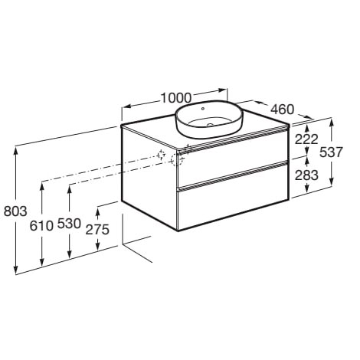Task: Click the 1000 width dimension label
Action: (x=176, y=97)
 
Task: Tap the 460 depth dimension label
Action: (x=282, y=110)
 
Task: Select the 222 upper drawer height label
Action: (x=306, y=139)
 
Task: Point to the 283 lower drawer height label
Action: (x=306, y=175)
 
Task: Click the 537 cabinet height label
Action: (x=331, y=152)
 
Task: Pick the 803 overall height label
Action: (x=15, y=211)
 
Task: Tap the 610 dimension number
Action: (x=41, y=226)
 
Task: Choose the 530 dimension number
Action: (x=69, y=224)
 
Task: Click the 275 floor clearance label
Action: (x=97, y=229)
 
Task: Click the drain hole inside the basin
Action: (x=211, y=125)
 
